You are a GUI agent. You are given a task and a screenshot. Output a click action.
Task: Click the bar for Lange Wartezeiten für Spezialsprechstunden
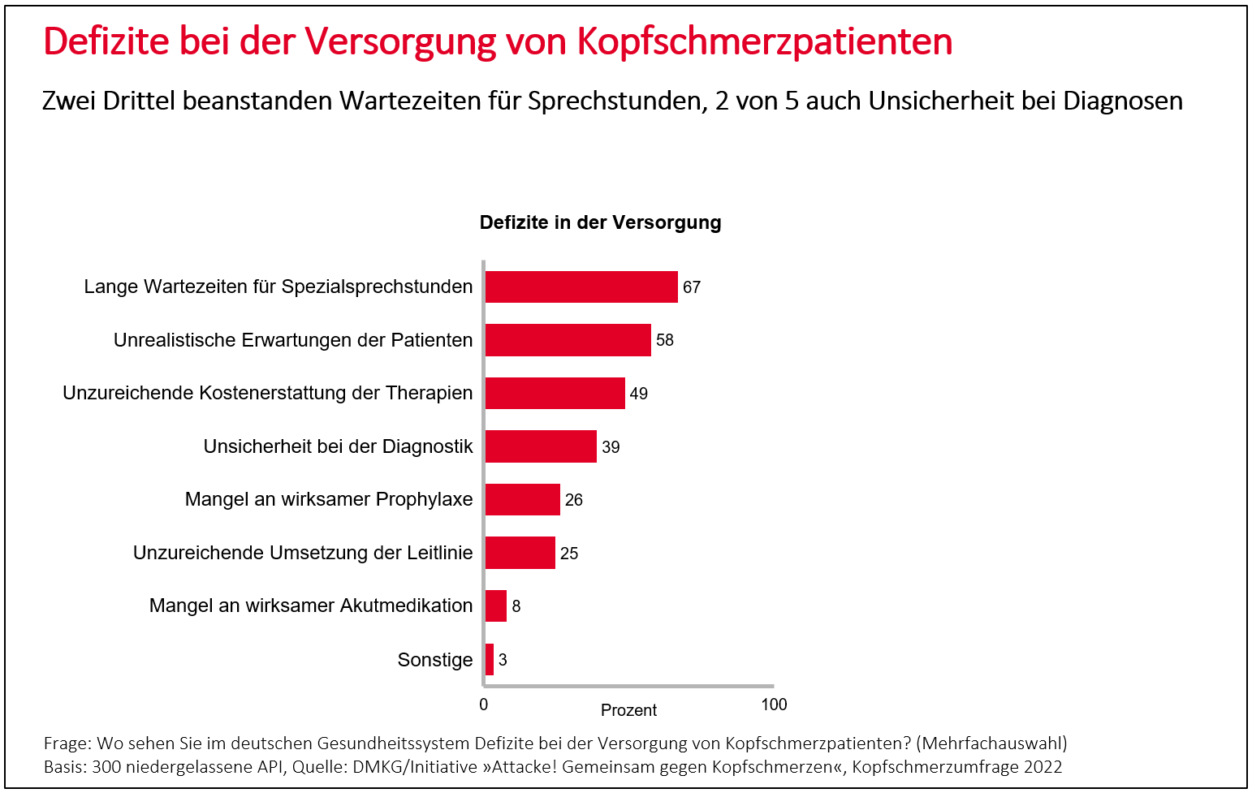click(x=581, y=287)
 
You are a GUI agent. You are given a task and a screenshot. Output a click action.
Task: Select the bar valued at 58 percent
click(x=568, y=340)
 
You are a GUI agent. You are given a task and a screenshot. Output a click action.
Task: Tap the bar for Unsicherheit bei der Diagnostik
click(x=541, y=446)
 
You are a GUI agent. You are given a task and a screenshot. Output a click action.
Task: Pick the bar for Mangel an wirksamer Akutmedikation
click(x=496, y=606)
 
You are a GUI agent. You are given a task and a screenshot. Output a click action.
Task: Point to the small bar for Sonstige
click(x=490, y=659)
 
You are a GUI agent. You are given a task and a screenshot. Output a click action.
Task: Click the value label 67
click(x=692, y=287)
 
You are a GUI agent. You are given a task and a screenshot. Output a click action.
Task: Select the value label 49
click(x=639, y=394)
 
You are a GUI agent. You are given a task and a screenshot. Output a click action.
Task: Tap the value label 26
click(x=574, y=500)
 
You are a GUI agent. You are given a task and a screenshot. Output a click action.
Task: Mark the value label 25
click(x=569, y=554)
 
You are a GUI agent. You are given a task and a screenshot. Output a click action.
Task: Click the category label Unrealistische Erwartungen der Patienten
click(x=293, y=340)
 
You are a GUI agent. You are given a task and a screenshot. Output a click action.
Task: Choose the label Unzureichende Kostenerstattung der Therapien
click(x=268, y=393)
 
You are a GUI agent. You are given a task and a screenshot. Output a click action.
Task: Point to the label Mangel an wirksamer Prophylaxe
click(x=329, y=499)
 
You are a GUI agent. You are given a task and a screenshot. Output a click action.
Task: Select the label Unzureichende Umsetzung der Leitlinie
click(x=303, y=553)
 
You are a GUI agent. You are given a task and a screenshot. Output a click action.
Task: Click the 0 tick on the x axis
click(x=484, y=705)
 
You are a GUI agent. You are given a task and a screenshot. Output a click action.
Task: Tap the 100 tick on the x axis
click(x=774, y=705)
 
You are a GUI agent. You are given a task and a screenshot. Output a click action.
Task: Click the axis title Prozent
click(x=628, y=710)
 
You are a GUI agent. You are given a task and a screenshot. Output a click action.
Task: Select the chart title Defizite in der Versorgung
click(x=600, y=222)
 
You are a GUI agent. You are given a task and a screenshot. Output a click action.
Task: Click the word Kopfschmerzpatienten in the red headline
click(x=765, y=41)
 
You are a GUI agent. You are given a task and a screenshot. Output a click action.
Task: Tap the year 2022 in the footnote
click(x=1043, y=767)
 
